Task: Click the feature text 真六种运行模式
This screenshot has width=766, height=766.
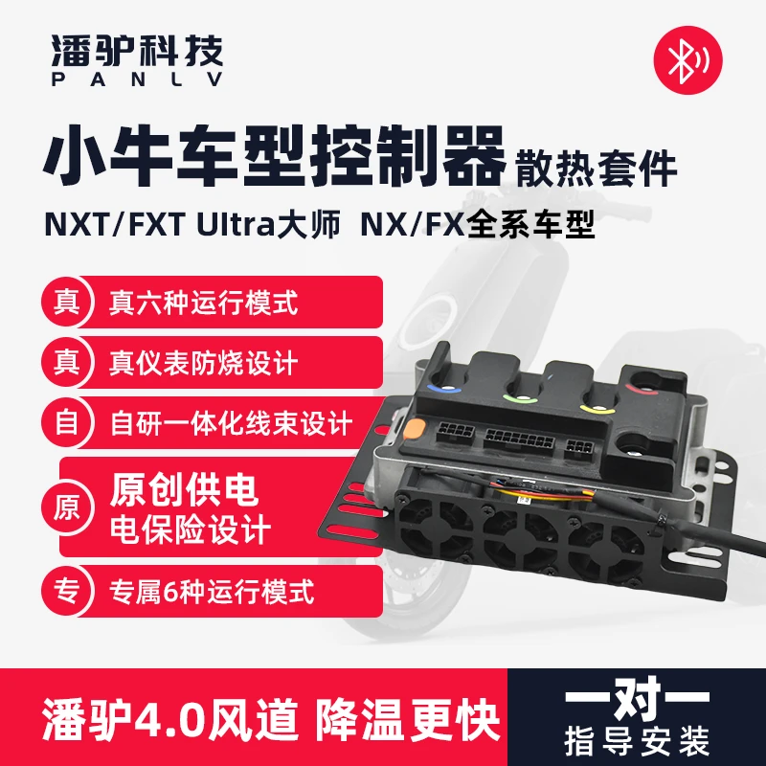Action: [x=203, y=304]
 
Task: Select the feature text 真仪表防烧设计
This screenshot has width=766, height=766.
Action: [x=203, y=364]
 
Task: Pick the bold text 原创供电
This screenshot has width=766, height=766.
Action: [x=184, y=490]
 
